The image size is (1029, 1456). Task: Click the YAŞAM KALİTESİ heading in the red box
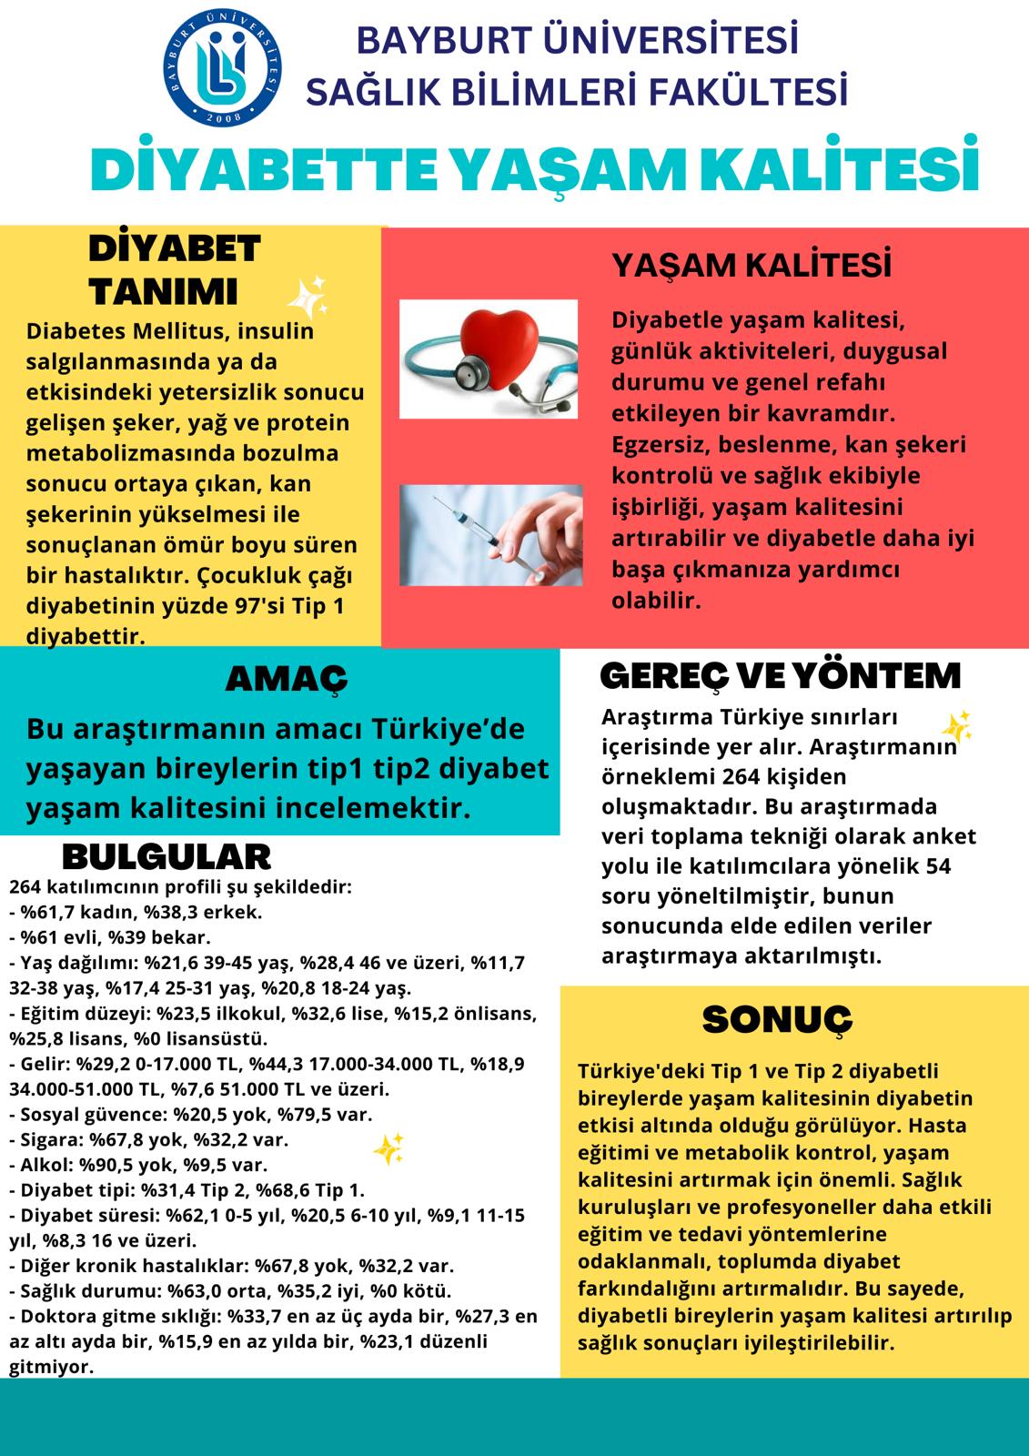pyautogui.click(x=751, y=266)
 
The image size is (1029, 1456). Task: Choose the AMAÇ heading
pyautogui.click(x=286, y=678)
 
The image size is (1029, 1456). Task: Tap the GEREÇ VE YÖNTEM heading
pyautogui.click(x=781, y=675)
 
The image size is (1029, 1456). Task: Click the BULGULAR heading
pyautogui.click(x=166, y=856)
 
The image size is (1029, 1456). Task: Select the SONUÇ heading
pyautogui.click(x=777, y=1019)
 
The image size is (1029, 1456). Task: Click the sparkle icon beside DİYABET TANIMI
pyautogui.click(x=307, y=295)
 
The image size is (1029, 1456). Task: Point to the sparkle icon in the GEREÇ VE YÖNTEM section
pyautogui.click(x=956, y=725)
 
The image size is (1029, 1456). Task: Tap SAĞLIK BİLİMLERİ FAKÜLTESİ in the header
pyautogui.click(x=579, y=92)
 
